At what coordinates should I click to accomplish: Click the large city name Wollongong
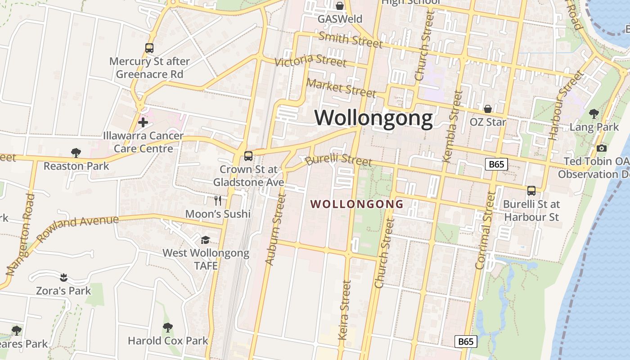pos(373,118)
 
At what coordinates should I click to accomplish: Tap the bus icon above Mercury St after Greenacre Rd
pos(149,48)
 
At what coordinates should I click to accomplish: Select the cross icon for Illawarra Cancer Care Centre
pos(143,122)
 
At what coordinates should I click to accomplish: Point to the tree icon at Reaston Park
pos(76,153)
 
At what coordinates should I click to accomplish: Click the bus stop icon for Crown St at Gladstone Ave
pos(248,156)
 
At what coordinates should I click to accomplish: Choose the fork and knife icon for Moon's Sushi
pos(218,200)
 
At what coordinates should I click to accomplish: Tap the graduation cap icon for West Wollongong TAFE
pos(206,240)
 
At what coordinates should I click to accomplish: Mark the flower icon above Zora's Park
pos(63,277)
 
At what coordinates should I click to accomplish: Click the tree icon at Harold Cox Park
pos(168,327)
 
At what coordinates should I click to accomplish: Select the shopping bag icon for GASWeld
pos(340,6)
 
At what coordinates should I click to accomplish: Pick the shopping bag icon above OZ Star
pos(487,109)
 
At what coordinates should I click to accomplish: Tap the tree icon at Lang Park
pos(594,114)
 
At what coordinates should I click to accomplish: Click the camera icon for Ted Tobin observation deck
pos(601,148)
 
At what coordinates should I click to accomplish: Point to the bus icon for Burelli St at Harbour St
pos(531,191)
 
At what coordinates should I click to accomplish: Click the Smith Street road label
pos(350,40)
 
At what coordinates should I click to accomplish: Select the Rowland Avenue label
pos(77,228)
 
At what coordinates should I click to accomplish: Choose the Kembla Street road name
pos(453,126)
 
